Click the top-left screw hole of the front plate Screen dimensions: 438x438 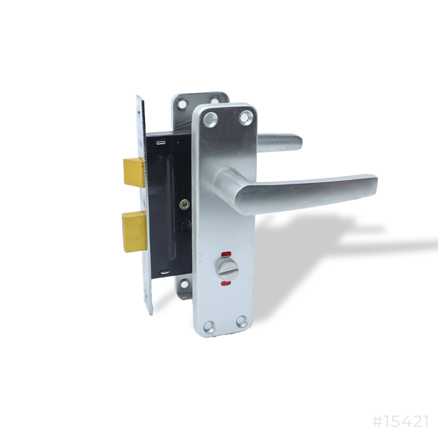(x=210, y=119)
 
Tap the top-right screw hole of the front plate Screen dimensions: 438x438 (x=246, y=117)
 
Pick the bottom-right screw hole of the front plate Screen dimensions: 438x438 (x=242, y=322)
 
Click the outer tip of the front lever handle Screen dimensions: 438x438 (x=373, y=185)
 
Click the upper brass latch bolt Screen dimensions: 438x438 (x=134, y=172)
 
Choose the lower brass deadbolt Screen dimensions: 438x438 (x=134, y=231)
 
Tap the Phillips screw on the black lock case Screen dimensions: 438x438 (x=184, y=204)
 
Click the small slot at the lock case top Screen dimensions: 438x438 (x=161, y=142)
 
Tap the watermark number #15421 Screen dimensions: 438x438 (x=400, y=421)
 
